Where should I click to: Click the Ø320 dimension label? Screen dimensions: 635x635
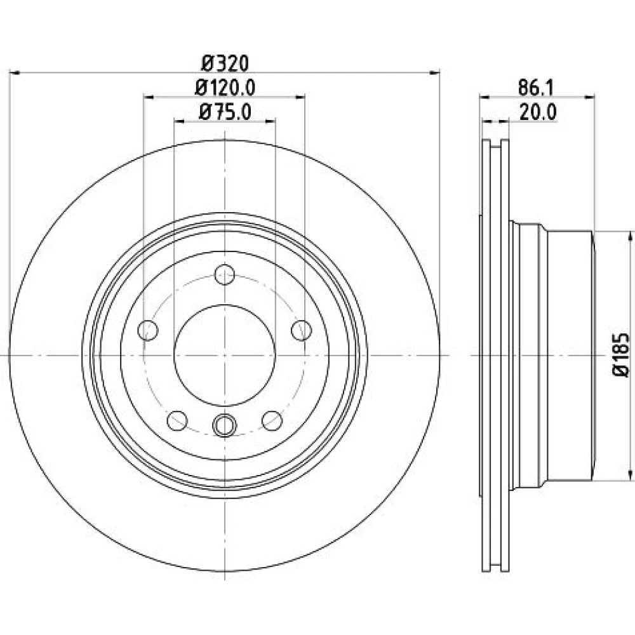click(225, 63)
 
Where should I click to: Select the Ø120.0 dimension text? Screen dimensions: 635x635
click(225, 88)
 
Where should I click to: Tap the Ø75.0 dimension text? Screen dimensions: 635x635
click(225, 112)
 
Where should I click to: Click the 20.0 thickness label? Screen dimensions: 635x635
click(538, 112)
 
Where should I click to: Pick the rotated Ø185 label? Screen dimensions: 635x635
click(621, 355)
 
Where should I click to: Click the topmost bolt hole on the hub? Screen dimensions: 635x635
click(225, 274)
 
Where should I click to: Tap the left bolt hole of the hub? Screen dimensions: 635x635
click(148, 330)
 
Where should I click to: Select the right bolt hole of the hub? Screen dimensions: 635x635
click(302, 330)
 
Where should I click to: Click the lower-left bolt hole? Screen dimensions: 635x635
click(177, 421)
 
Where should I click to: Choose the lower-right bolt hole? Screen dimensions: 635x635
click(272, 421)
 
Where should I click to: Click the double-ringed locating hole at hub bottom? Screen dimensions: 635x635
click(224, 425)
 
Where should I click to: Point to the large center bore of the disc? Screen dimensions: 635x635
click(225, 355)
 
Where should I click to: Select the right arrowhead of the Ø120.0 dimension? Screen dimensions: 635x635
click(300, 97)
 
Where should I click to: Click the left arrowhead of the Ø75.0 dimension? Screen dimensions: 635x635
click(179, 121)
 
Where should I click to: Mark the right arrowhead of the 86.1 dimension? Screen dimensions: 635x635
click(590, 97)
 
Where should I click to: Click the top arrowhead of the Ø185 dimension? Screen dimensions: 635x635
click(630, 237)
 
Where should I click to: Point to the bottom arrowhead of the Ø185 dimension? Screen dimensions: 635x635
click(630, 475)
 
